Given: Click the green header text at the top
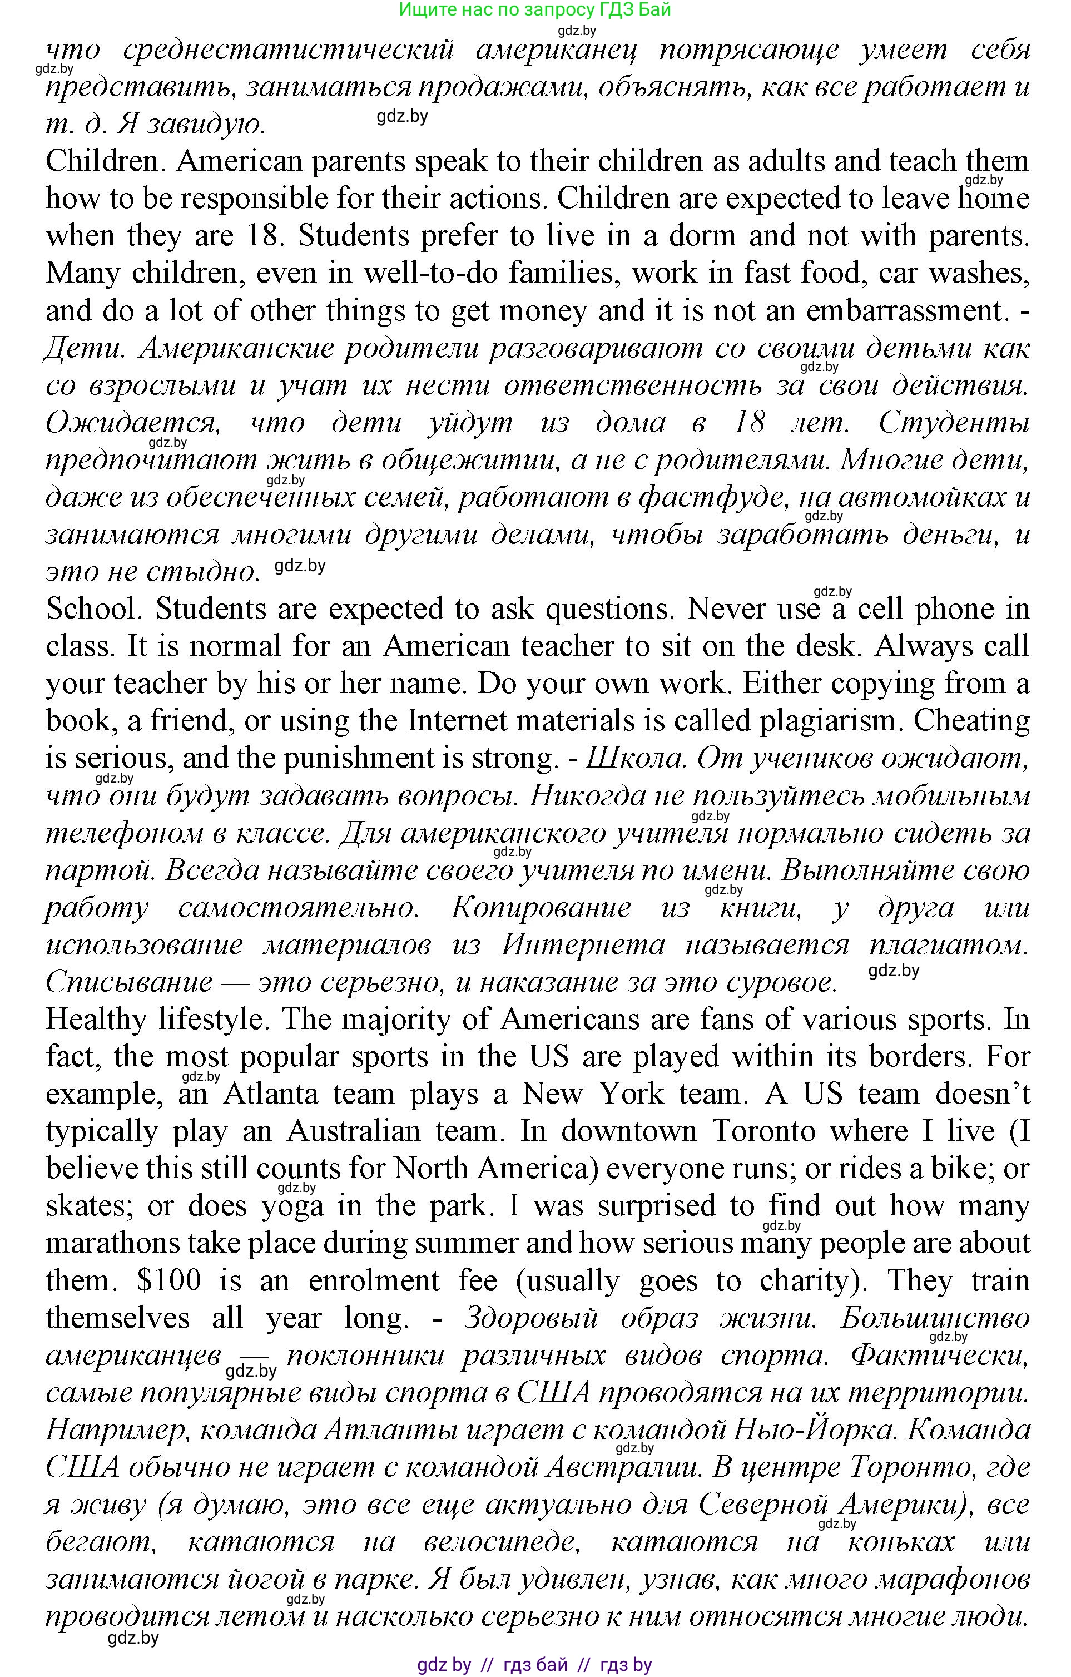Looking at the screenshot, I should pos(535,10).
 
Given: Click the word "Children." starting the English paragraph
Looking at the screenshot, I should pos(104,161).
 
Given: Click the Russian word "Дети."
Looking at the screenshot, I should pos(85,348).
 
